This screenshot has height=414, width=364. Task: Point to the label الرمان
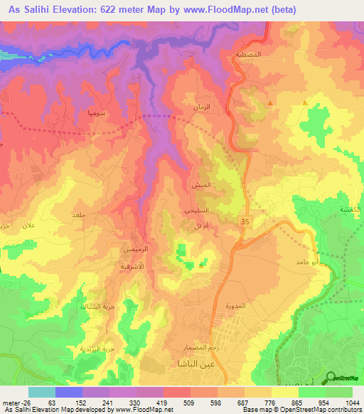pyautogui.click(x=203, y=107)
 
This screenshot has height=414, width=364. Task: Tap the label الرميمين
pyautogui.click(x=136, y=250)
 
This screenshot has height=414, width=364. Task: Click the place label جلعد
pyautogui.click(x=78, y=213)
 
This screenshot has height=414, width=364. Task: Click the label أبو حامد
pyautogui.click(x=296, y=262)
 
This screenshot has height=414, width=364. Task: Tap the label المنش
pyautogui.click(x=200, y=184)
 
